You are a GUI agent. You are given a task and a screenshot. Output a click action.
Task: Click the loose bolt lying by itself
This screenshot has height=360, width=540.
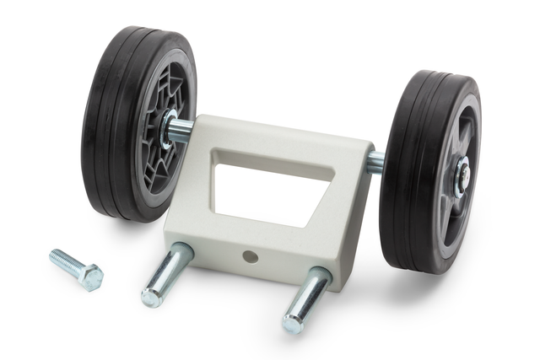click(75, 266)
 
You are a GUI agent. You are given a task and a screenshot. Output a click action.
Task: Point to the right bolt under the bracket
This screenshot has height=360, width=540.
click(306, 297)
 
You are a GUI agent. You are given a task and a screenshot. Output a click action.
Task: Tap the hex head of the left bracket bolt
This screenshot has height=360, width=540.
click(153, 296)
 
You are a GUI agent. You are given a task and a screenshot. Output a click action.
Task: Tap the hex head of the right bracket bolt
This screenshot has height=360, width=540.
click(294, 322)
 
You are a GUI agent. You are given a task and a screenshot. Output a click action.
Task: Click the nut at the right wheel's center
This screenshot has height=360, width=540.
click(462, 175)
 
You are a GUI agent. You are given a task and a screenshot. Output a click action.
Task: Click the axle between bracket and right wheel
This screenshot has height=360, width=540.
click(376, 162)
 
